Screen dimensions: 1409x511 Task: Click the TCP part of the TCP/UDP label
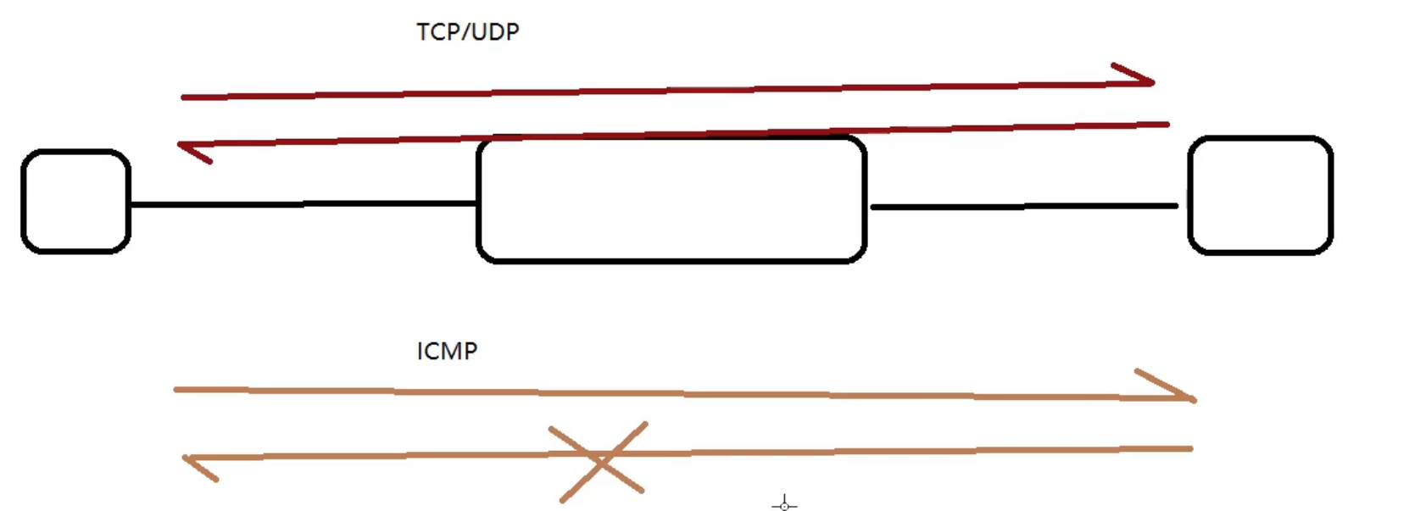click(438, 32)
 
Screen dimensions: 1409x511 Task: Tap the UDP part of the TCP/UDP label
click(495, 32)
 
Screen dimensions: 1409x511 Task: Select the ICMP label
click(447, 351)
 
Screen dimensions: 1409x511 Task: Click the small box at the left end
click(75, 202)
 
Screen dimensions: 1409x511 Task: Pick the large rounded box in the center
click(671, 200)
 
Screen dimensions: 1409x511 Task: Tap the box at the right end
click(1260, 196)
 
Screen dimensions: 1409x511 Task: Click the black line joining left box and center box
click(303, 204)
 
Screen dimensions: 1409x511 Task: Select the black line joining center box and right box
click(1023, 206)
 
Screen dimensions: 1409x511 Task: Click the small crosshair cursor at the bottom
click(784, 505)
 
